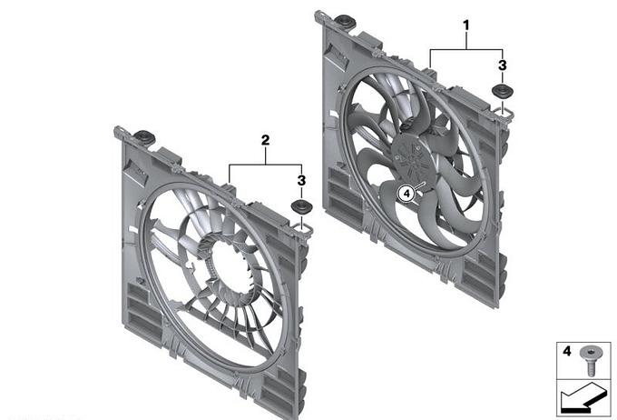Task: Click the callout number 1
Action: pos(465,25)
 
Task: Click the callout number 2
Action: pos(266,140)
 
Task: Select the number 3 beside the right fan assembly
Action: pos(502,65)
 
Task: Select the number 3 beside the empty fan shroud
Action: pos(301,181)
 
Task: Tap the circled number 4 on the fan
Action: pos(406,194)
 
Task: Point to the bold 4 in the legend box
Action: pos(566,351)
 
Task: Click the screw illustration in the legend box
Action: pos(590,360)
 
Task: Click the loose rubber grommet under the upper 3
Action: pos(503,91)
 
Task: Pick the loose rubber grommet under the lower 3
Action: pos(301,206)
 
